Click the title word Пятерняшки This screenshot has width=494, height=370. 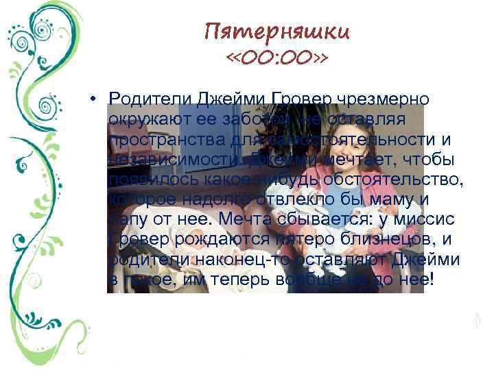tap(277, 32)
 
